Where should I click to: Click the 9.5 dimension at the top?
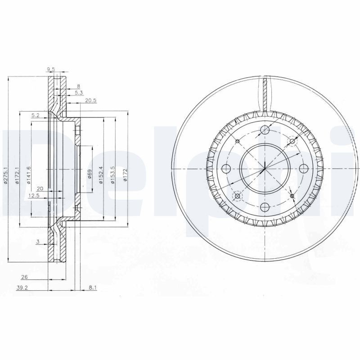(x=51, y=69)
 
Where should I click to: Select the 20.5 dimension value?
(x=90, y=100)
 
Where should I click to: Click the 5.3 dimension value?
(x=78, y=93)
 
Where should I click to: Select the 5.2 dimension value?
(x=36, y=116)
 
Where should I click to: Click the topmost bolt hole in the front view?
(x=265, y=130)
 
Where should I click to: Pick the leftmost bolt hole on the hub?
(x=226, y=168)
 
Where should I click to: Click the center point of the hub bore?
(x=265, y=168)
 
